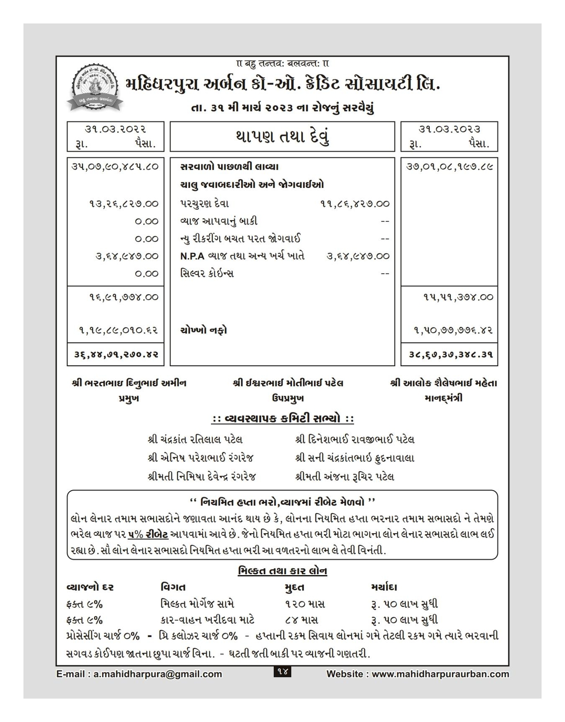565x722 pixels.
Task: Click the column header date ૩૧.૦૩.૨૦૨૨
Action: [116, 129]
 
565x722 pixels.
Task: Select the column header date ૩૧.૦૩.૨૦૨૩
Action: [449, 129]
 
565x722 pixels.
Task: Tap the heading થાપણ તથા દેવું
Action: [282, 136]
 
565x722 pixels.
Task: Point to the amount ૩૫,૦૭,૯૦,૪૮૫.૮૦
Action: [116, 167]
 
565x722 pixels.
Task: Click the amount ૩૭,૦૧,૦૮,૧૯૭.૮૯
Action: [449, 167]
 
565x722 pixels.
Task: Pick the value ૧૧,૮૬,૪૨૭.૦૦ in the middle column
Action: [354, 204]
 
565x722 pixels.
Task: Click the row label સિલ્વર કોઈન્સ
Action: [207, 273]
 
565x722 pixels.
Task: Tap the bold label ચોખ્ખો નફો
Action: [204, 330]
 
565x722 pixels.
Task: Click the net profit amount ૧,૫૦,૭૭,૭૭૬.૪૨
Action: [453, 330]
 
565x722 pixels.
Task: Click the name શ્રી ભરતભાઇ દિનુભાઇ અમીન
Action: [129, 383]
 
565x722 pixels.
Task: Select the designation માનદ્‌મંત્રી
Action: [443, 398]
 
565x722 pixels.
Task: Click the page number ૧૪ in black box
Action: [282, 671]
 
